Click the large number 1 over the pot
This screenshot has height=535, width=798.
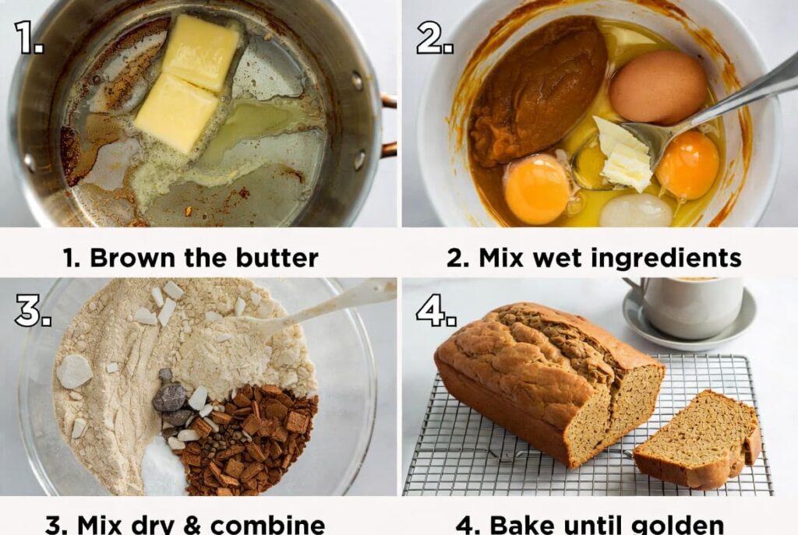[x=29, y=37]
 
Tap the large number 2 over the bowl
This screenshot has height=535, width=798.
[x=434, y=37]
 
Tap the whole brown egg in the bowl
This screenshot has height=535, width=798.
[x=659, y=87]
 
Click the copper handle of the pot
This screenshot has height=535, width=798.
[x=388, y=125]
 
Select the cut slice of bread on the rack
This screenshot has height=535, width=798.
[x=698, y=441]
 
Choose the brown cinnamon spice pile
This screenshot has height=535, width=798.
[x=249, y=440]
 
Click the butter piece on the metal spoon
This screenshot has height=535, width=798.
[x=624, y=153]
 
